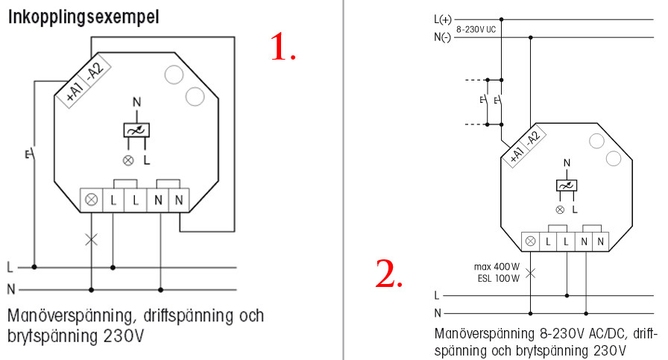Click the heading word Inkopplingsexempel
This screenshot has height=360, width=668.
(83, 18)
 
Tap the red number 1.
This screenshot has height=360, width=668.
(283, 47)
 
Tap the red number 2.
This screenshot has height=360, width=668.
(388, 274)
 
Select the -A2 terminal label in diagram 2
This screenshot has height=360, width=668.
(533, 138)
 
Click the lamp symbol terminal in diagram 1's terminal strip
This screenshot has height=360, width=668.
(92, 200)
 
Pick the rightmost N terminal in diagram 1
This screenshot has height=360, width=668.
(179, 200)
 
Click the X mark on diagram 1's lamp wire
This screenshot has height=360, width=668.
(91, 239)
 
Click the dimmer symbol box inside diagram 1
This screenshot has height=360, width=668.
(136, 130)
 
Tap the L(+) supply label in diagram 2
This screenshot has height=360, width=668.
(443, 19)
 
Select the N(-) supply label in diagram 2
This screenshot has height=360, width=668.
(442, 37)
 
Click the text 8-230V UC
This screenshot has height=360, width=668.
(476, 29)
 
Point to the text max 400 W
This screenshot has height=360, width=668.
(497, 267)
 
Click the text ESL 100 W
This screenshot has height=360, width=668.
(499, 279)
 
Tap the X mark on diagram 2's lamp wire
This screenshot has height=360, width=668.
(530, 273)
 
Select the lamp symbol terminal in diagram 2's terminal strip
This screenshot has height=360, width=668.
(530, 241)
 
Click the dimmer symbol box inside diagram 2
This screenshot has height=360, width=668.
(567, 186)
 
